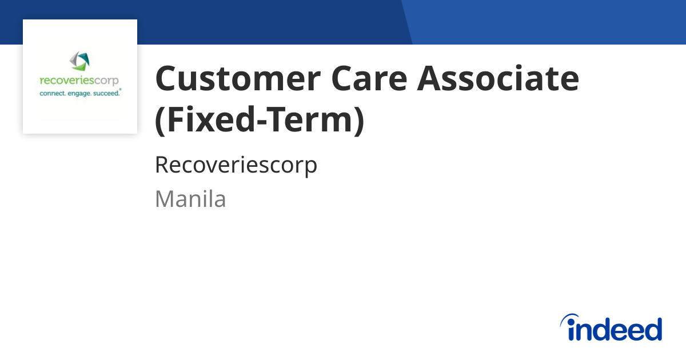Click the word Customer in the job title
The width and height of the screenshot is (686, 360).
238,78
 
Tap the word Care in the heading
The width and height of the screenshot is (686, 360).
369,78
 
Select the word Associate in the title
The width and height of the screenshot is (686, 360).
498,78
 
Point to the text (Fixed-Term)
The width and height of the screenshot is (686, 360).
260,120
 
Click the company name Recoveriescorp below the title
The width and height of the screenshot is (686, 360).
236,165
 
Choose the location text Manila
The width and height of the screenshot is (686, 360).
190,199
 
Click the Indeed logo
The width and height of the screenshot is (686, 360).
611,327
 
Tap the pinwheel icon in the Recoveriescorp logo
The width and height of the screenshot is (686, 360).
79,61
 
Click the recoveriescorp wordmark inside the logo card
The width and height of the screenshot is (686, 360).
79,81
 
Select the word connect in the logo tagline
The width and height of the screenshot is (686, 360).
53,93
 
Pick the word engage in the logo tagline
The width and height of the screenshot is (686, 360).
79,93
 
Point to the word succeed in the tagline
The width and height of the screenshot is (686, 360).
106,93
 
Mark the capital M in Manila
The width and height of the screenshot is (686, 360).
165,199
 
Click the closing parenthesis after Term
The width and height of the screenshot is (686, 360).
359,121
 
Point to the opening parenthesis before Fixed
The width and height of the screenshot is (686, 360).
161,121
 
